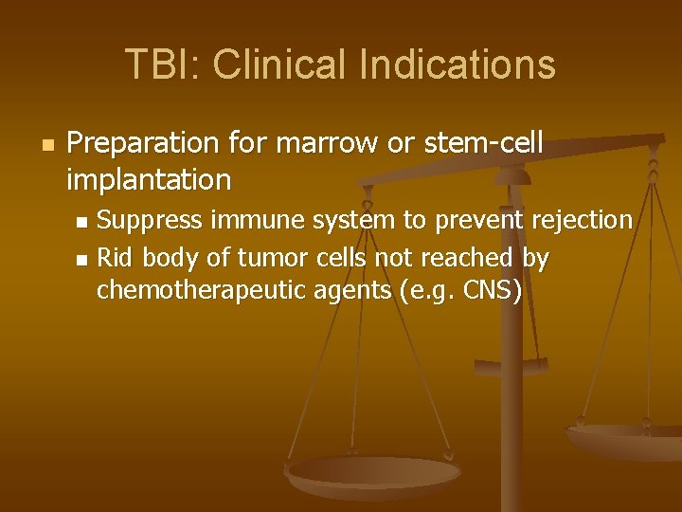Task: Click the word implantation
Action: click(x=149, y=178)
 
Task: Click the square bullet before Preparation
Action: click(x=47, y=145)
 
